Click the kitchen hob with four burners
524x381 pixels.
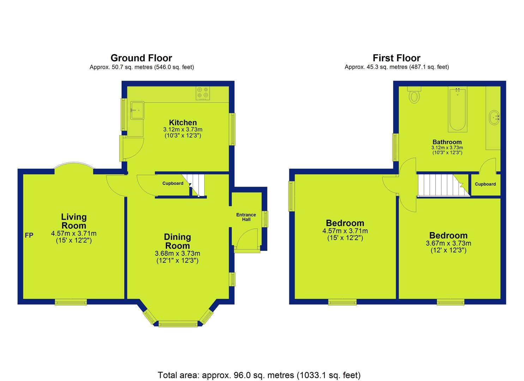(x=203, y=93)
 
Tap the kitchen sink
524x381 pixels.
(x=137, y=110)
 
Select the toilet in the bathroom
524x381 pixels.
(x=414, y=95)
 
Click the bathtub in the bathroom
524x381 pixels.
(x=458, y=109)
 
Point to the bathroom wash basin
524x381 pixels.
(x=494, y=117)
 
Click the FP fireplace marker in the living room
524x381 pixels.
(x=29, y=235)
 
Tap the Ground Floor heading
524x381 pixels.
(x=141, y=58)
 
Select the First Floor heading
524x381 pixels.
(x=397, y=58)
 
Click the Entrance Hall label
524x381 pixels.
(x=246, y=217)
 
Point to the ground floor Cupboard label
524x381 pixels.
(x=173, y=183)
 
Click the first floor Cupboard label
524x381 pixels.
(x=486, y=184)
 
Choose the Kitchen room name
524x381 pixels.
(x=183, y=122)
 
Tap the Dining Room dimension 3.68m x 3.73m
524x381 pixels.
(x=177, y=254)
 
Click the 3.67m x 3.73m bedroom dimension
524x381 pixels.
(x=449, y=243)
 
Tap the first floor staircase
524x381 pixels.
(x=444, y=185)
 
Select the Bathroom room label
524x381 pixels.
(x=447, y=142)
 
